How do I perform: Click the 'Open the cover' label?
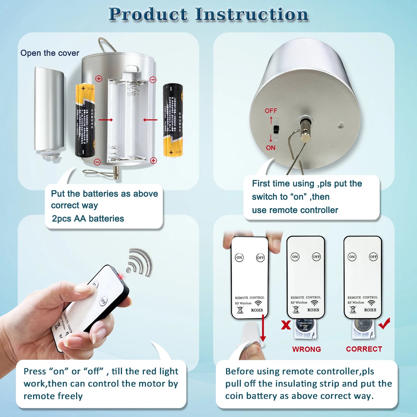pyautogui.click(x=50, y=53)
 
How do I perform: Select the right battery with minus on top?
pyautogui.click(x=173, y=120)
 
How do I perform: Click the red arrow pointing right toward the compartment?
pyautogui.click(x=106, y=120)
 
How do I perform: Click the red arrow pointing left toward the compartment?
pyautogui.click(x=150, y=120)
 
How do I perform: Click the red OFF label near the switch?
pyautogui.click(x=271, y=111)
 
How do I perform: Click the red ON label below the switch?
pyautogui.click(x=270, y=148)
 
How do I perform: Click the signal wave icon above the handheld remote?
pyautogui.click(x=140, y=262)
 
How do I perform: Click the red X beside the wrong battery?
pyautogui.click(x=286, y=325)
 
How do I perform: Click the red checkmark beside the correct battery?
pyautogui.click(x=384, y=323)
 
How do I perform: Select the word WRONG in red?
pyautogui.click(x=306, y=349)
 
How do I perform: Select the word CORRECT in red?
pyautogui.click(x=364, y=349)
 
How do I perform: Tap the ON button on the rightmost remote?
pyautogui.click(x=352, y=257)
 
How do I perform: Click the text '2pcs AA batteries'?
pyautogui.click(x=88, y=219)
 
